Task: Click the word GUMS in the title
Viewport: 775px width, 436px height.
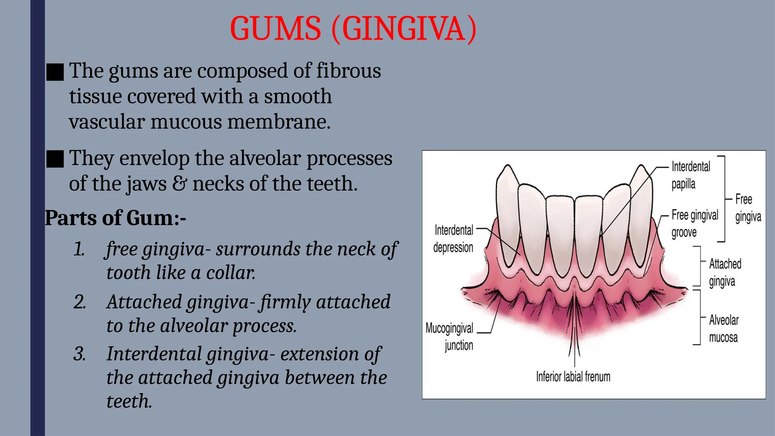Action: click(x=275, y=29)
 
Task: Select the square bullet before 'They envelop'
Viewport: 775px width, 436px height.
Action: click(x=55, y=159)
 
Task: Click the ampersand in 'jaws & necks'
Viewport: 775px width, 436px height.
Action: click(x=179, y=184)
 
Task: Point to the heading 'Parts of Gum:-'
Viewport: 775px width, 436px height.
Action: click(x=115, y=218)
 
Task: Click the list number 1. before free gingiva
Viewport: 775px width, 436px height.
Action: click(x=79, y=249)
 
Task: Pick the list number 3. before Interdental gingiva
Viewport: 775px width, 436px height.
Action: click(x=79, y=354)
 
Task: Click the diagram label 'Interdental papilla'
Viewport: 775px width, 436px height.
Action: click(x=691, y=175)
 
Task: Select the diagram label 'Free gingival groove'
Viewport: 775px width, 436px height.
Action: click(x=695, y=223)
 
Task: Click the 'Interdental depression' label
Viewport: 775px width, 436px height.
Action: click(x=453, y=238)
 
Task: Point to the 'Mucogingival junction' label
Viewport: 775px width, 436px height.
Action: click(x=450, y=336)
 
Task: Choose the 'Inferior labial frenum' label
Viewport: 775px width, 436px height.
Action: click(x=573, y=377)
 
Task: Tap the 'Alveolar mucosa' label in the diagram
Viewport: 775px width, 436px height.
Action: click(x=724, y=329)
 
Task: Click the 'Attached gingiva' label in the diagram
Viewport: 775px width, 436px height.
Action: click(x=725, y=272)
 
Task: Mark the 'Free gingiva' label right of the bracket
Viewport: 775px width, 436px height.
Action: click(x=748, y=208)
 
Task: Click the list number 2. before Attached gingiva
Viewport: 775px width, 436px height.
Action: click(x=79, y=302)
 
